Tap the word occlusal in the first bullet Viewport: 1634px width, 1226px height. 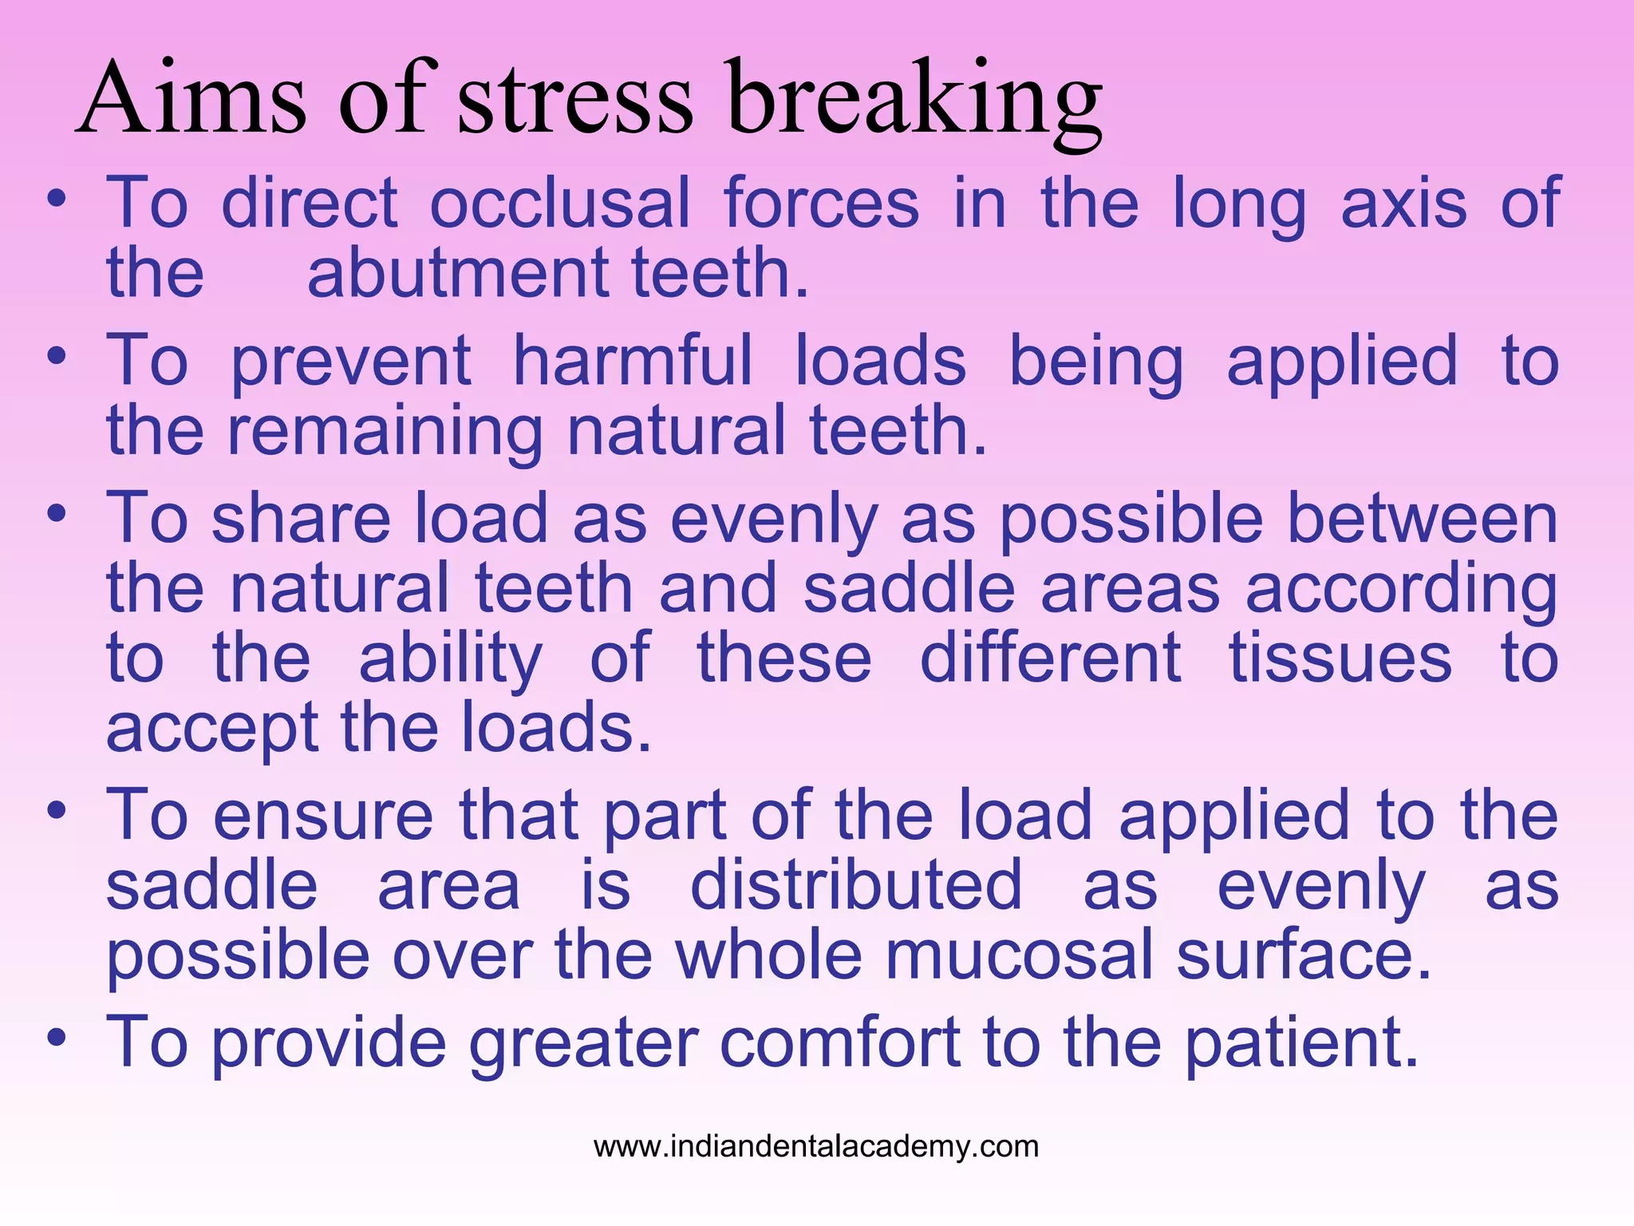click(x=559, y=204)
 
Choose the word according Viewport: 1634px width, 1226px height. click(x=1401, y=589)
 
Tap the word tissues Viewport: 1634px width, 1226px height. click(x=1340, y=658)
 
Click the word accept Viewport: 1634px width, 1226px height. click(x=212, y=729)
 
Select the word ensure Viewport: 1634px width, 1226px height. click(x=323, y=816)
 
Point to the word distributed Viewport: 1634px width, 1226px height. click(x=855, y=886)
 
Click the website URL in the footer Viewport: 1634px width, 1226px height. click(x=816, y=1147)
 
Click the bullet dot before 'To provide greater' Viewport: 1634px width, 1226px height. click(x=56, y=1038)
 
